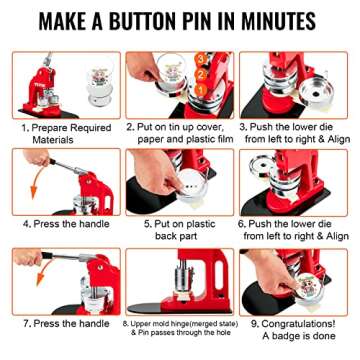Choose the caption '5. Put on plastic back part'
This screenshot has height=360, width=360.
pos(181,229)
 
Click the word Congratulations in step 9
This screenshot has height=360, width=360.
pos(297,323)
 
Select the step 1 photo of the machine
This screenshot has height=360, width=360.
pos(63,84)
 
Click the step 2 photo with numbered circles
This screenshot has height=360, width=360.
pos(180,84)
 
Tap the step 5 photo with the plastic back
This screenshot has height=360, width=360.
pos(180,181)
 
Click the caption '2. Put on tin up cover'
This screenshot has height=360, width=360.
pos(180,127)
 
